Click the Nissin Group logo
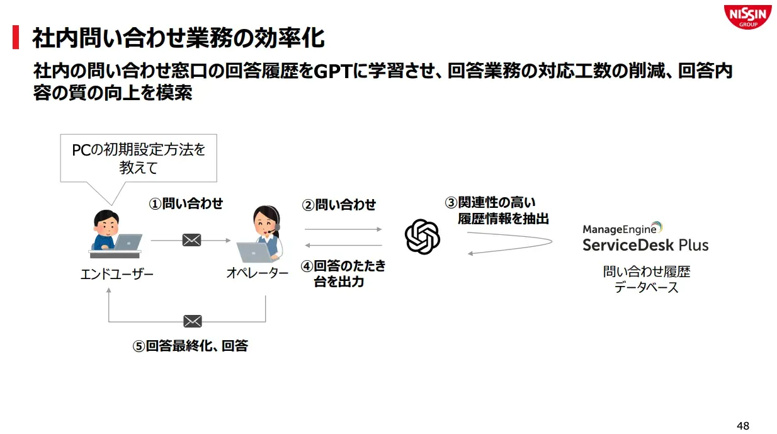point(747,16)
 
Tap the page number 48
point(743,425)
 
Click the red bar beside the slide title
point(16,38)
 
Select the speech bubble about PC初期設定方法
point(139,158)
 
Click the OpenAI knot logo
point(422,237)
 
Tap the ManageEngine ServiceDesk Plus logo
point(645,237)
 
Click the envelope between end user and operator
point(191,240)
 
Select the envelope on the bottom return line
point(192,321)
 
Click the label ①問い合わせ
point(186,203)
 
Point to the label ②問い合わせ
point(339,205)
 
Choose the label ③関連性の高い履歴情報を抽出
point(497,210)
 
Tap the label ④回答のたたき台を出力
point(343,273)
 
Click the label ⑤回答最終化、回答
point(190,346)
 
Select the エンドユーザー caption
point(117,274)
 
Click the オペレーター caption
point(257,273)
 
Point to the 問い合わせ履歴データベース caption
point(647,280)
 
